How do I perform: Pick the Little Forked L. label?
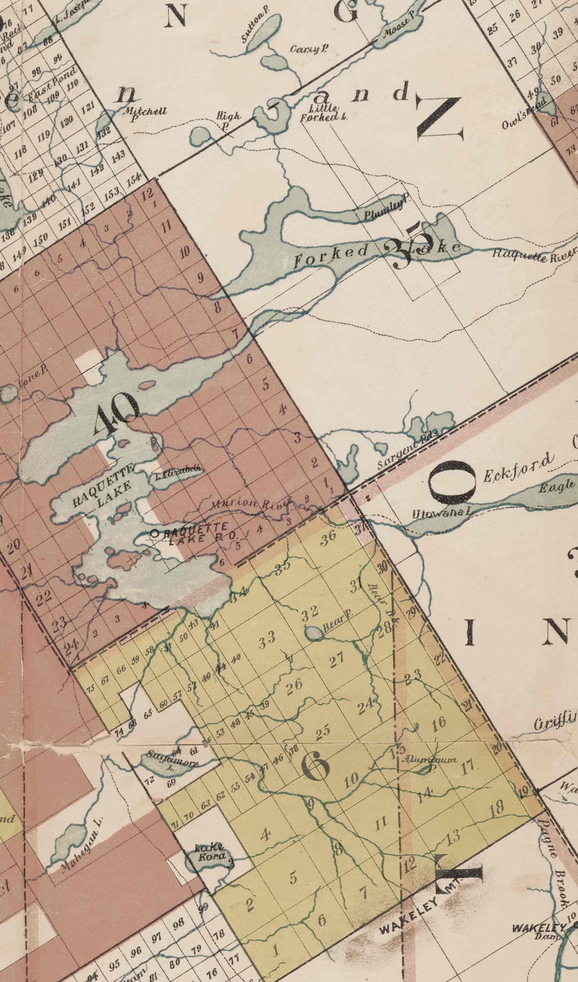click(x=323, y=113)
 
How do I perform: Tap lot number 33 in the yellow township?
click(x=267, y=640)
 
